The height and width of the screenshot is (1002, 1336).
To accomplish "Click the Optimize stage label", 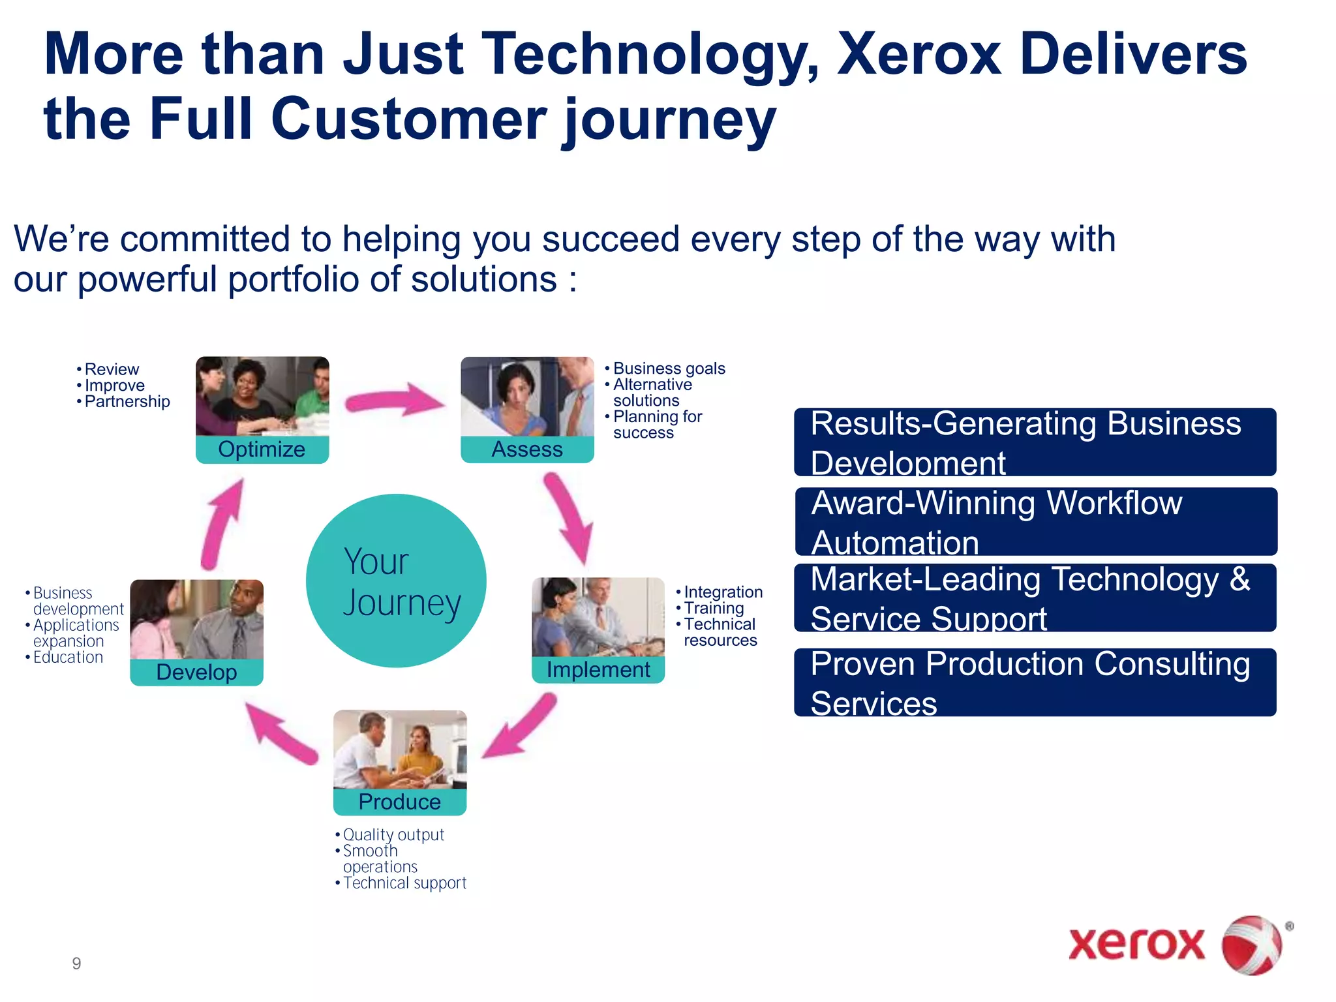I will (262, 449).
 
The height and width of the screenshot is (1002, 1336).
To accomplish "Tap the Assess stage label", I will (527, 449).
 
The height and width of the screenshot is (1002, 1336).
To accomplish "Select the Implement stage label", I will (598, 670).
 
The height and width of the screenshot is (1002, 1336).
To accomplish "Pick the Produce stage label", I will (399, 802).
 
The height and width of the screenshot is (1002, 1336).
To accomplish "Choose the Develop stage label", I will (196, 672).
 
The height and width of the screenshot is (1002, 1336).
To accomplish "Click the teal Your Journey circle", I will (396, 581).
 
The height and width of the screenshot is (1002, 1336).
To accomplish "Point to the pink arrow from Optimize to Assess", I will (394, 399).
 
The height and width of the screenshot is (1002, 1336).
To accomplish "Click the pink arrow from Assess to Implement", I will (569, 519).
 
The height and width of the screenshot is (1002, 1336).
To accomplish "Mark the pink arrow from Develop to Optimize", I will (222, 526).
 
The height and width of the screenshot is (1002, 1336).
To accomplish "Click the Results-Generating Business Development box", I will (1035, 442).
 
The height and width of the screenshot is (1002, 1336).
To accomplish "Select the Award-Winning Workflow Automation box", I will (1035, 522).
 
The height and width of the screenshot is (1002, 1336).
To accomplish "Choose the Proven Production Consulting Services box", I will (1035, 682).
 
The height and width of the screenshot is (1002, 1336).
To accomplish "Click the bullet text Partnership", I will (127, 402).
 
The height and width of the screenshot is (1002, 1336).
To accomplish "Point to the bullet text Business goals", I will (669, 369).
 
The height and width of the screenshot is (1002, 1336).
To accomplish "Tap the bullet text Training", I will (713, 608).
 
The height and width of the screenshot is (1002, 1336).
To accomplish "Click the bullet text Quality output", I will (393, 835).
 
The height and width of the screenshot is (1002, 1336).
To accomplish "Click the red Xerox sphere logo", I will (1251, 945).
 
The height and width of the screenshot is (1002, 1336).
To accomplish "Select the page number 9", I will (76, 964).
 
